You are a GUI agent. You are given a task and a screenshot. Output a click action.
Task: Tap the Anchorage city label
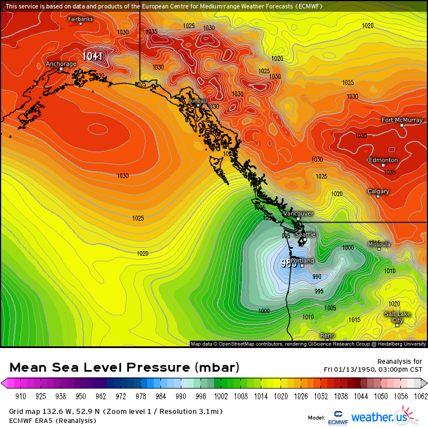(61, 64)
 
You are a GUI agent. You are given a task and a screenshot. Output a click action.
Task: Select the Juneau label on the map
(198, 101)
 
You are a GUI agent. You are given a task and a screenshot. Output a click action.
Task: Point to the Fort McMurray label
(402, 120)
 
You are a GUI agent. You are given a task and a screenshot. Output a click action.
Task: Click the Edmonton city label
(383, 160)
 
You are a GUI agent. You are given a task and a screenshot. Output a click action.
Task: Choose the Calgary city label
(378, 191)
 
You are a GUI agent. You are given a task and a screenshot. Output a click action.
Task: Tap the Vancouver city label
(298, 214)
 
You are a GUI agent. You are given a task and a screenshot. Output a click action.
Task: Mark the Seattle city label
(305, 234)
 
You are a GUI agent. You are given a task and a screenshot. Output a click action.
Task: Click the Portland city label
(302, 261)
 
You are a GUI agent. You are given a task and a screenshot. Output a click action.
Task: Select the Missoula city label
(378, 244)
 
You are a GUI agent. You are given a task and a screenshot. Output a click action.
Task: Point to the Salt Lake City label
(398, 316)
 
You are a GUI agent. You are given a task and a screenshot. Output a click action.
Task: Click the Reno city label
(327, 336)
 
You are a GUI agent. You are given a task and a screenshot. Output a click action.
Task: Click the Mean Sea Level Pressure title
(124, 368)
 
